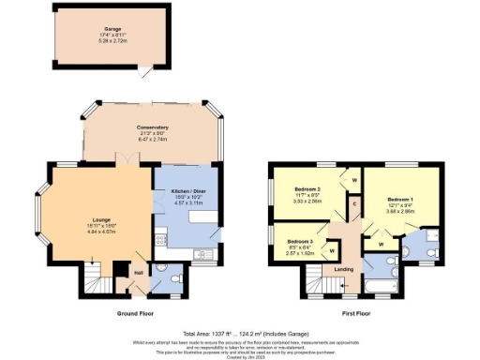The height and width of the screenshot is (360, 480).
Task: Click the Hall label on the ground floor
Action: tap(137, 273)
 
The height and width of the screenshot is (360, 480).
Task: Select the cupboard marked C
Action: tap(355, 203)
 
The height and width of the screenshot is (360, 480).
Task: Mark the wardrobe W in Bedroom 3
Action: tap(333, 251)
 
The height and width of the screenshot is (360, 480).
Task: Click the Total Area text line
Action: tap(246, 333)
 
